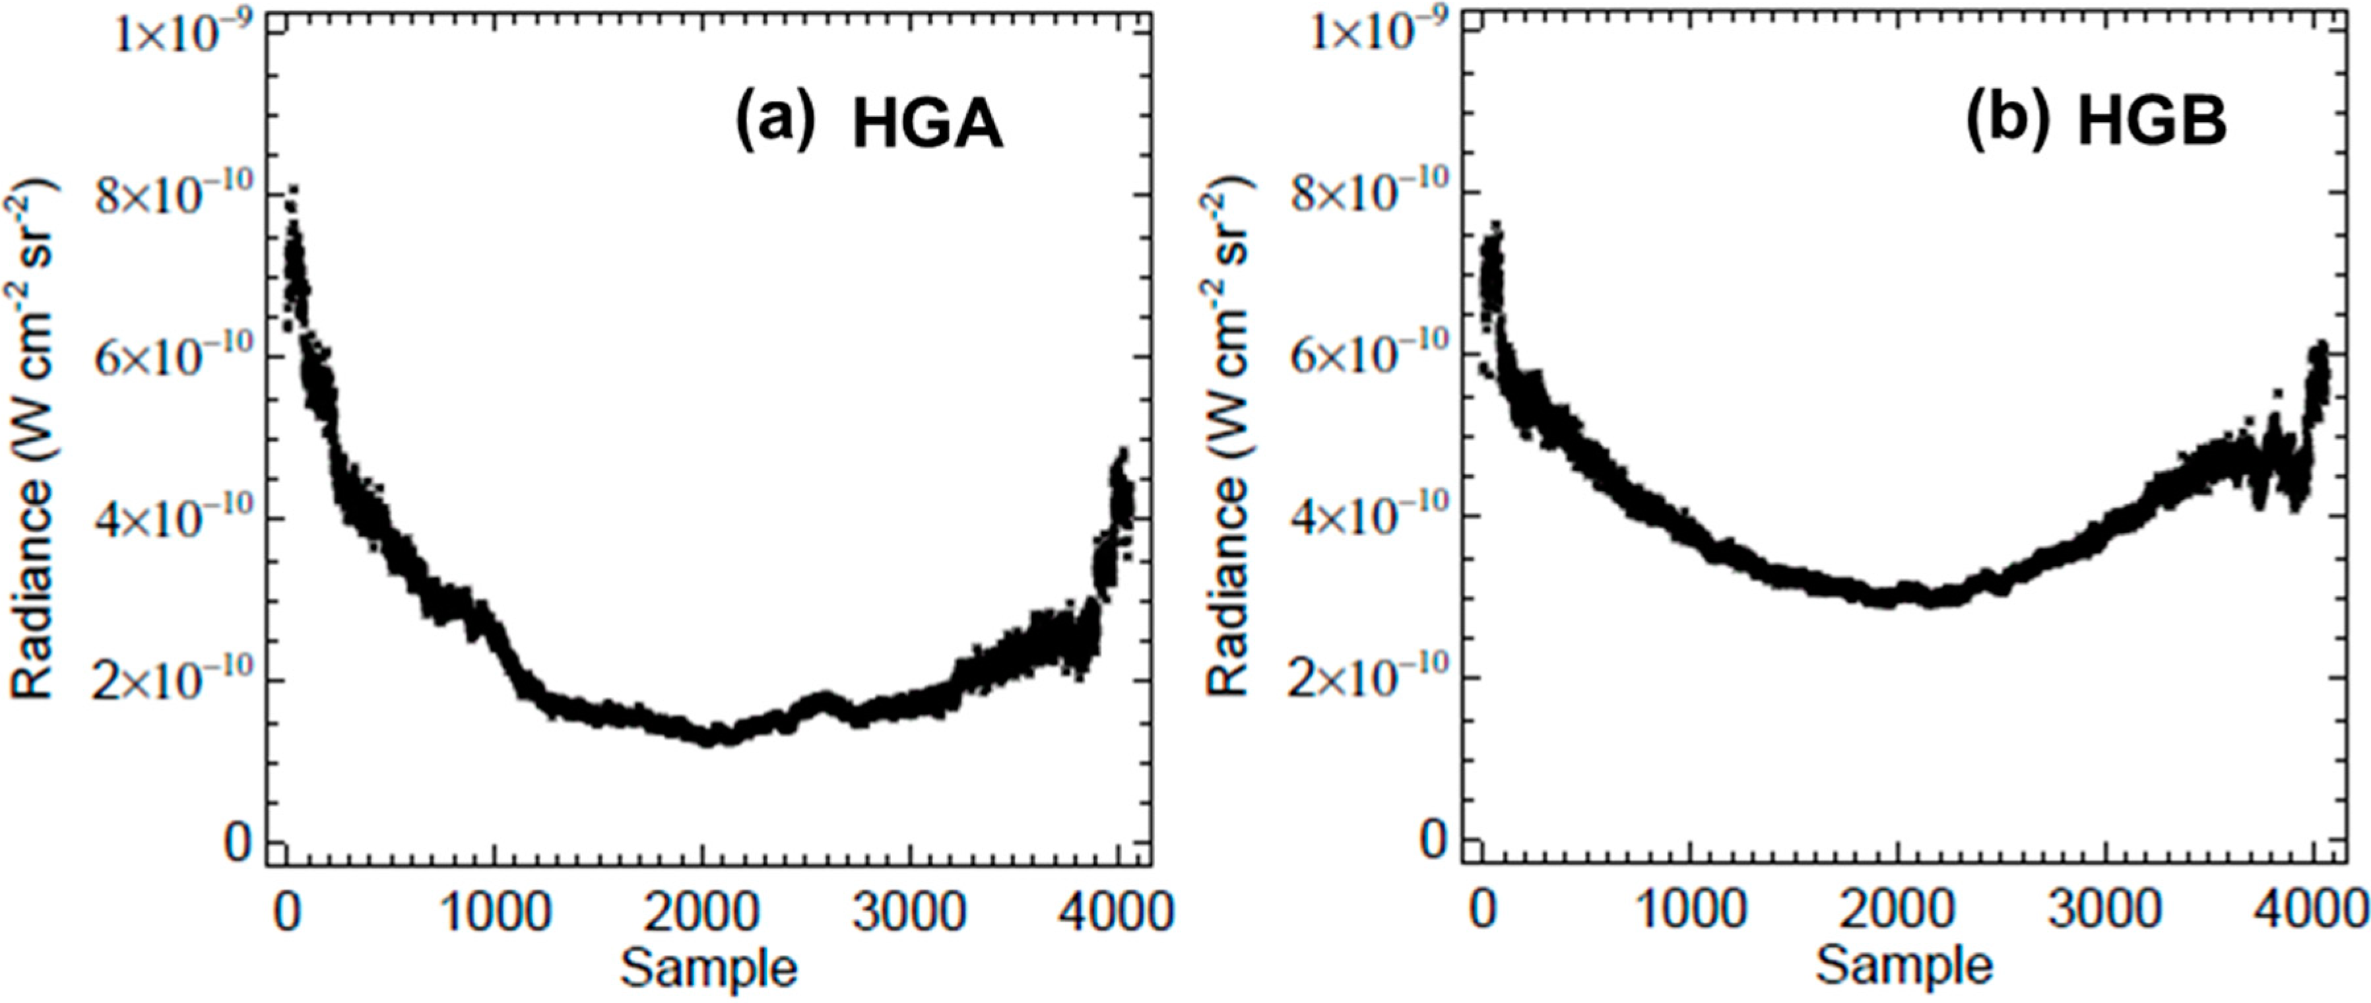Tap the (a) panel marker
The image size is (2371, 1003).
775,122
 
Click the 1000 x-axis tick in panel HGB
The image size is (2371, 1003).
1690,912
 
